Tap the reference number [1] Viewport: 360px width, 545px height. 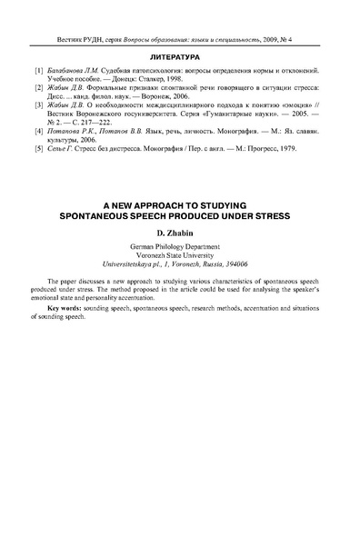pos(37,70)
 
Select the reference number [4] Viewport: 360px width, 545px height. pos(37,132)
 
